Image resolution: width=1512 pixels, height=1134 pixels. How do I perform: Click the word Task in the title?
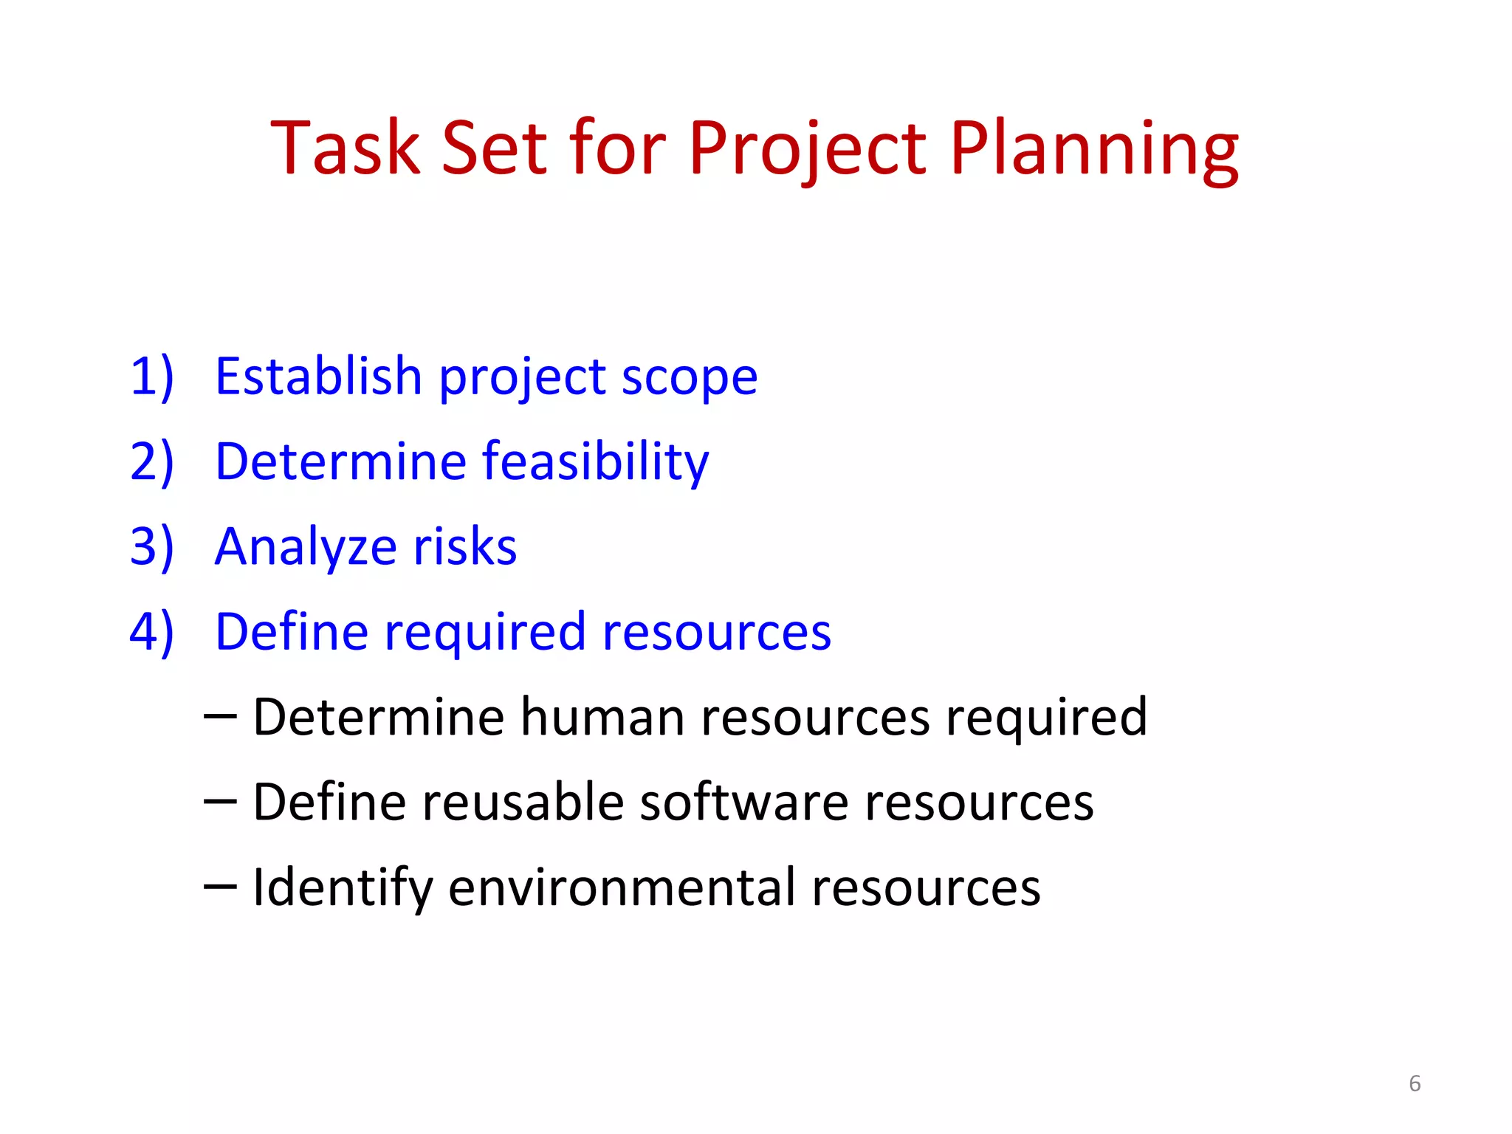click(346, 149)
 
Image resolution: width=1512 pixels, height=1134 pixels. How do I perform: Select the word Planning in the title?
click(1093, 149)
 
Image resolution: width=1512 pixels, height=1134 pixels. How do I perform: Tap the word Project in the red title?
click(807, 149)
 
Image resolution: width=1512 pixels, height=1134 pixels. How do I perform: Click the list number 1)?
click(151, 377)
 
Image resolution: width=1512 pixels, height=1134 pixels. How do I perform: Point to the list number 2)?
click(151, 462)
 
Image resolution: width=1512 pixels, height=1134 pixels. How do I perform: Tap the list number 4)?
click(151, 633)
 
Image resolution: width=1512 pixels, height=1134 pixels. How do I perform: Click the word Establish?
click(318, 376)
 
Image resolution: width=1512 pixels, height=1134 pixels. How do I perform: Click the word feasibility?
click(595, 462)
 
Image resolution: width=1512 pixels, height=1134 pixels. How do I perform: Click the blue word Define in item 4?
click(292, 632)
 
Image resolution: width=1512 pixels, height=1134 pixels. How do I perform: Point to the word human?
click(602, 718)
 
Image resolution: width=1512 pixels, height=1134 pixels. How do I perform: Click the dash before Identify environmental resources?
click(220, 886)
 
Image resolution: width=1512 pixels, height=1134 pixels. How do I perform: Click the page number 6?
click(1414, 1084)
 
